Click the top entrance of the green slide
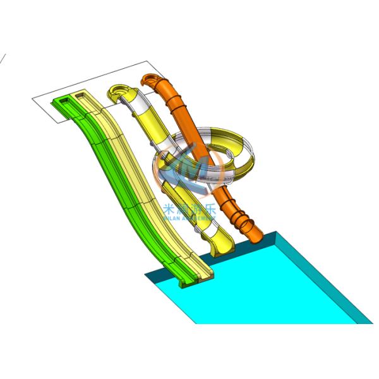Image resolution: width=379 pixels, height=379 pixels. click(66, 101)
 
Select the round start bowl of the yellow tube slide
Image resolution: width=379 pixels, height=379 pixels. click(120, 93)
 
